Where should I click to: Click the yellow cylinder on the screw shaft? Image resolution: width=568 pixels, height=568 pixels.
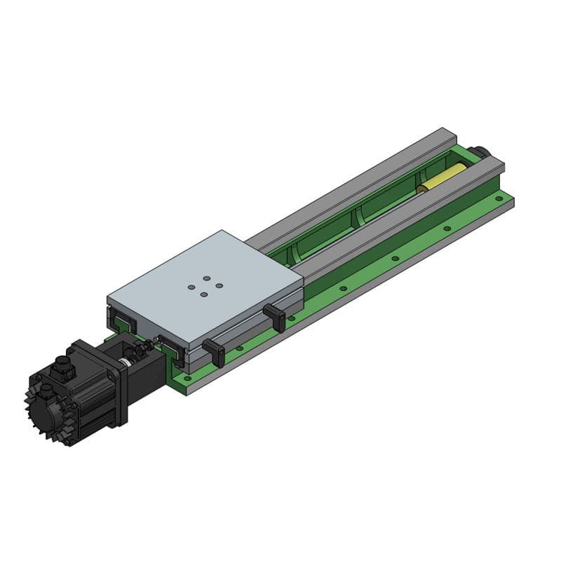[x=443, y=178]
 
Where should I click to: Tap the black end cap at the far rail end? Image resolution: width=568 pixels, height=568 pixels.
[x=481, y=151]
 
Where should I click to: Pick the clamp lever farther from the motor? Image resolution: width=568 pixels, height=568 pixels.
[x=276, y=317]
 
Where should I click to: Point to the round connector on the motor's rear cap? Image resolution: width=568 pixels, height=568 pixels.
[x=46, y=391]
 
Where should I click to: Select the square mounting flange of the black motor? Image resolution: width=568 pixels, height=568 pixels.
[x=113, y=382]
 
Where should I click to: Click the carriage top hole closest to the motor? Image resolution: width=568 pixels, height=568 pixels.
[x=204, y=294]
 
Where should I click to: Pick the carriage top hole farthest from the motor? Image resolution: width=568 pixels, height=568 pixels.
[x=205, y=279]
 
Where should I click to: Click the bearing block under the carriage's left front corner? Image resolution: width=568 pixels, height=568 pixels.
[x=123, y=323]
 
